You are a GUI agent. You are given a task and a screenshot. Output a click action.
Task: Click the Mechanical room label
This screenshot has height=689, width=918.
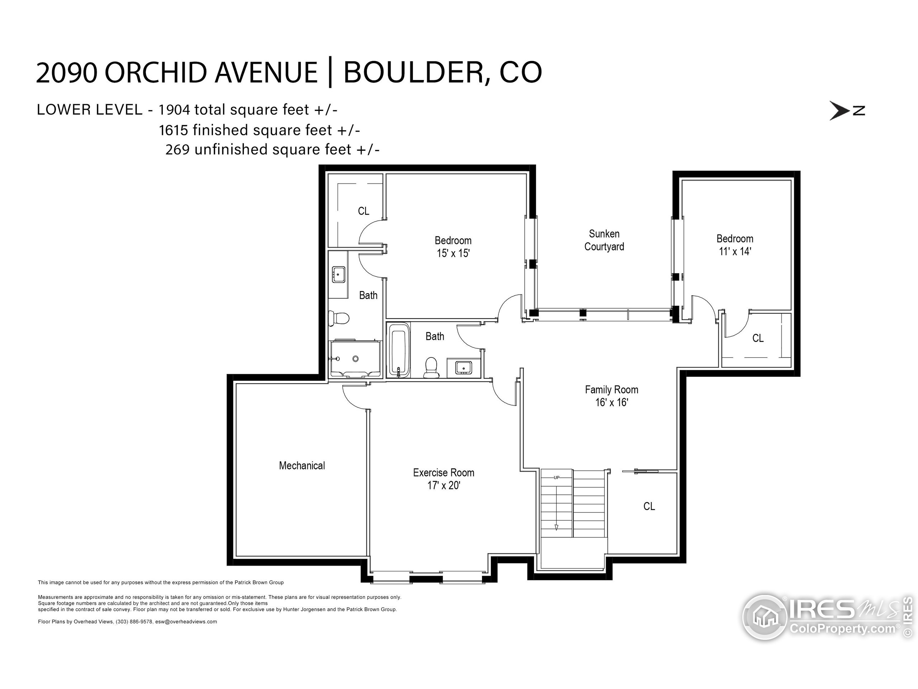click(302, 465)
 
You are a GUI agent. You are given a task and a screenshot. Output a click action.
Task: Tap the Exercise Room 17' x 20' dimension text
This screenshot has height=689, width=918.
click(444, 486)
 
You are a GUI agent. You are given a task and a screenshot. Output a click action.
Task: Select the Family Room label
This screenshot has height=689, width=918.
click(611, 390)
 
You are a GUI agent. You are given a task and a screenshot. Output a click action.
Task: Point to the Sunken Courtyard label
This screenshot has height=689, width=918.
click(604, 240)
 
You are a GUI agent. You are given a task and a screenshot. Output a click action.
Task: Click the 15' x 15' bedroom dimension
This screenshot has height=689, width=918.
click(453, 253)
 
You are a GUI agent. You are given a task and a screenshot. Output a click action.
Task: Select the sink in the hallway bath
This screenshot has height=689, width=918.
click(463, 367)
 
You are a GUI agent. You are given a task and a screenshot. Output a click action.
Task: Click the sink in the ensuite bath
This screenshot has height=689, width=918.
click(339, 275)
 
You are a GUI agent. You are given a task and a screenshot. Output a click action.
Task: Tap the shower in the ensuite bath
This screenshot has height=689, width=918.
click(355, 359)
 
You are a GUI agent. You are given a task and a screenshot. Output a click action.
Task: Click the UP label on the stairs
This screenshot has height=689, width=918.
click(556, 478)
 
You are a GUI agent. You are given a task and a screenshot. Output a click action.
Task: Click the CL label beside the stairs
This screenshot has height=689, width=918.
click(649, 506)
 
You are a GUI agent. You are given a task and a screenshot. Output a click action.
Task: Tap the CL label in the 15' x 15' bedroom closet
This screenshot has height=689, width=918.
click(364, 211)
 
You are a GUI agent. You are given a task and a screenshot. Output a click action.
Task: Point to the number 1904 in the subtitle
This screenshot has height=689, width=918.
click(174, 110)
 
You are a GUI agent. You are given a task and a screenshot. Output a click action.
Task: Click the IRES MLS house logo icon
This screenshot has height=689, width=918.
click(765, 617)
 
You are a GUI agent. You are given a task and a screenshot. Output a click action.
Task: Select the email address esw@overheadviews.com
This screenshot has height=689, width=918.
click(186, 622)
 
